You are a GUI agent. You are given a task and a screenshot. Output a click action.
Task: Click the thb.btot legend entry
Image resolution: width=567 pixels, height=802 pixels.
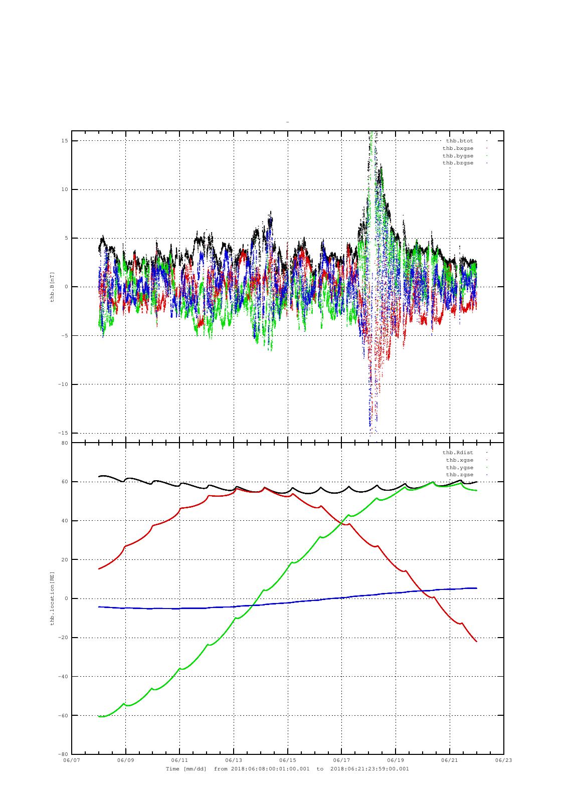(459, 141)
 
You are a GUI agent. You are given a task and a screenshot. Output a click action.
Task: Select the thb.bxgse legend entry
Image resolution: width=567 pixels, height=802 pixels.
(458, 148)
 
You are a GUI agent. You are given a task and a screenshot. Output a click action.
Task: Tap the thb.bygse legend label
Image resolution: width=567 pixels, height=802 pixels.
(458, 156)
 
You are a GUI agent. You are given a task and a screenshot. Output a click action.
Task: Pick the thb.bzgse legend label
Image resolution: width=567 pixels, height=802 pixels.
(458, 163)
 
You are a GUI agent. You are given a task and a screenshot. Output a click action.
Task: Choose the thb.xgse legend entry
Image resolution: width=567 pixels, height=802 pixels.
(459, 460)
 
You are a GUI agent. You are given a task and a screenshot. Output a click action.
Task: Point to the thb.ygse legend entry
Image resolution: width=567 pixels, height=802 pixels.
(459, 468)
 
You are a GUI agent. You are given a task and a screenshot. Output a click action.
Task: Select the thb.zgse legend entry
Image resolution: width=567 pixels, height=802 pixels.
(459, 475)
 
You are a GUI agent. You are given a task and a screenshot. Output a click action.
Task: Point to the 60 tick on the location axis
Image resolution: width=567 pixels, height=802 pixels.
(65, 482)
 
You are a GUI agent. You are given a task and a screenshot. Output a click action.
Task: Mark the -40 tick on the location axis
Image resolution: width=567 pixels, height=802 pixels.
(63, 677)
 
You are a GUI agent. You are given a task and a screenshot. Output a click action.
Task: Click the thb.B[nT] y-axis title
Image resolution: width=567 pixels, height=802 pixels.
(52, 287)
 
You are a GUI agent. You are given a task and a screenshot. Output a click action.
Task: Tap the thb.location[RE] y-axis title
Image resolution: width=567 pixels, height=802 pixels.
(52, 598)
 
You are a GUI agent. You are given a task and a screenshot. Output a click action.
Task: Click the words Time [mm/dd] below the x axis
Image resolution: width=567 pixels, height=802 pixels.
(186, 769)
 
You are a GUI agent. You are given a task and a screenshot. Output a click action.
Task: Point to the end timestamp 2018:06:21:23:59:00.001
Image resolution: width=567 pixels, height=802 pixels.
(369, 769)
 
